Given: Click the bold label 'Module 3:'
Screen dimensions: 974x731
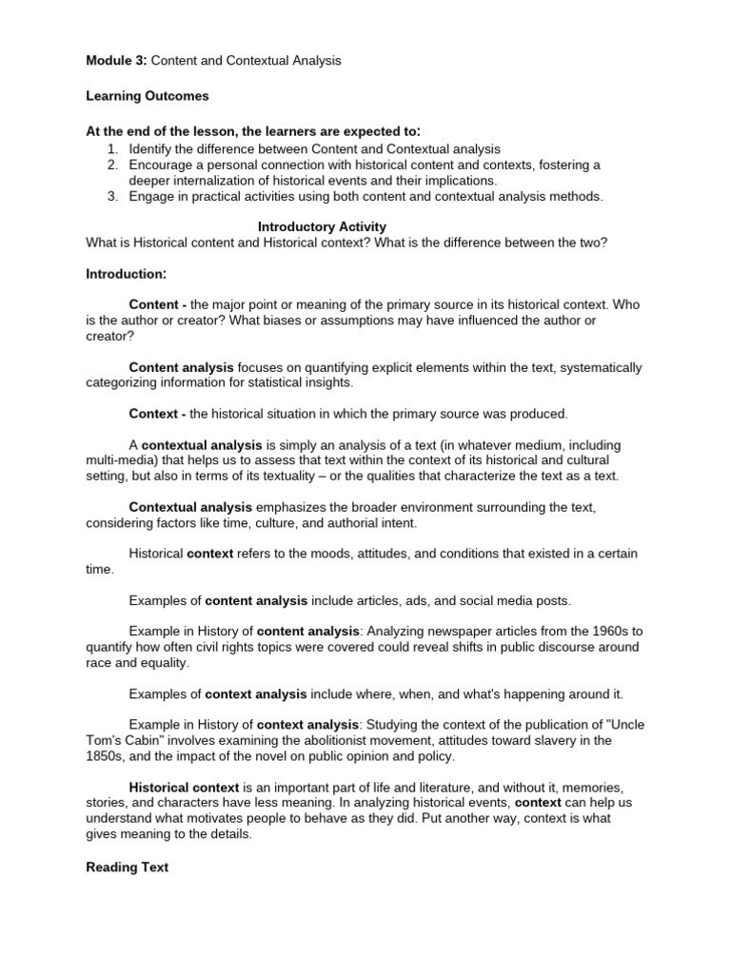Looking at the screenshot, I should point(116,61).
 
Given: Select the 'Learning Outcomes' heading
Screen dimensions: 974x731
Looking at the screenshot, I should point(147,96).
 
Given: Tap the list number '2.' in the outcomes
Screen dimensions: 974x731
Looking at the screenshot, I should point(111,165).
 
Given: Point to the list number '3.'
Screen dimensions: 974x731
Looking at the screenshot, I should point(111,196).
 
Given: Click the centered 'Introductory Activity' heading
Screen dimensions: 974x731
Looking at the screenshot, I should point(323,226).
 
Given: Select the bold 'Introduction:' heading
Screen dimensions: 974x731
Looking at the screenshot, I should point(127,274).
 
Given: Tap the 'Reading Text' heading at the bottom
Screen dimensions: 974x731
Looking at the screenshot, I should point(127,867).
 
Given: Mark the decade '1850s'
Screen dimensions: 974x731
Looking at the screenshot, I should point(108,756).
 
